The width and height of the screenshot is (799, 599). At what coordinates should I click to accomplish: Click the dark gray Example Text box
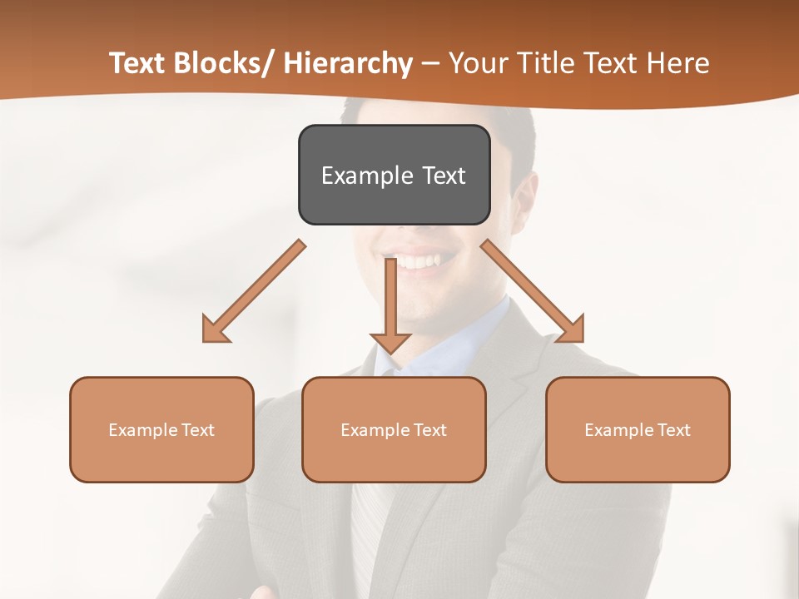394,175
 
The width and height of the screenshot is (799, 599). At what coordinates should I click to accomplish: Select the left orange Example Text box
161,429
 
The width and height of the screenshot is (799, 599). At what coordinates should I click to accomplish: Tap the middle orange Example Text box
394,429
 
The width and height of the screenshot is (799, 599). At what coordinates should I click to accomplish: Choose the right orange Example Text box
638,429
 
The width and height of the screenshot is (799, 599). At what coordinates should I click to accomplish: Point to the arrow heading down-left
254,291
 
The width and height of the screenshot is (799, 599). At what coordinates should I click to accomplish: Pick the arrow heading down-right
533,291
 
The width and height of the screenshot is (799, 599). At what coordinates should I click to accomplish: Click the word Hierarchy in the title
348,63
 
